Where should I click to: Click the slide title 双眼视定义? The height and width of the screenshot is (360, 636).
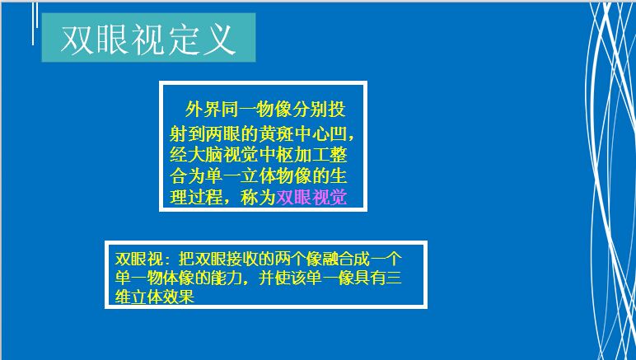(148, 40)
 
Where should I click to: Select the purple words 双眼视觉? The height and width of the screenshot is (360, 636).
(311, 198)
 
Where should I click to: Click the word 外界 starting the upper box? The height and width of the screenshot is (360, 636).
(203, 110)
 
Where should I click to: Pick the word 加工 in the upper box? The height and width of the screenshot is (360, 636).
(311, 155)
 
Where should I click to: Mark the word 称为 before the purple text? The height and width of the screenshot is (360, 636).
(258, 198)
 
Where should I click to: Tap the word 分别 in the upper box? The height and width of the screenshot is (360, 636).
(311, 110)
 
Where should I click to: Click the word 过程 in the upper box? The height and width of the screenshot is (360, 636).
(205, 198)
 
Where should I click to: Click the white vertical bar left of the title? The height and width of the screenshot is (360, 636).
(33, 24)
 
